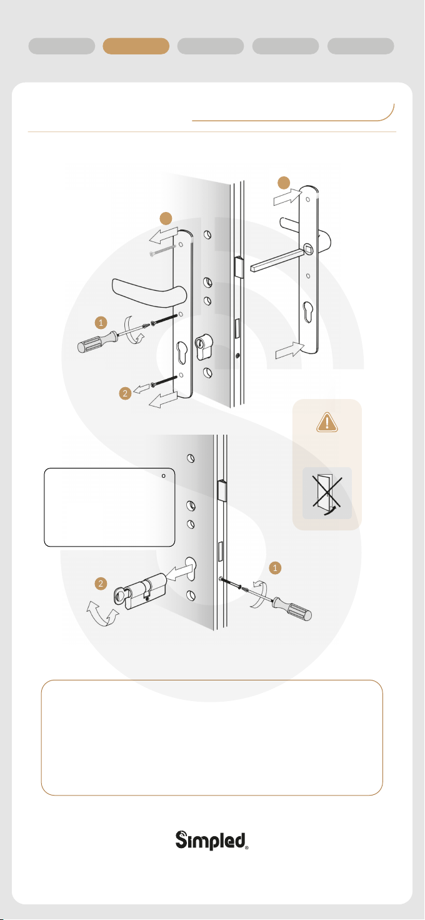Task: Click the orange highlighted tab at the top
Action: coord(136,46)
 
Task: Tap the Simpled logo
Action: coord(212,840)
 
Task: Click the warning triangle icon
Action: coord(327,422)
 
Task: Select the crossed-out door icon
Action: coord(327,493)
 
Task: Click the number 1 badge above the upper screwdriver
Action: coord(101,323)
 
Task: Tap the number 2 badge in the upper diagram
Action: coord(125,393)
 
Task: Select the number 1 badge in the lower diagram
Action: coord(275,568)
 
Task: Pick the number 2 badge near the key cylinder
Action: coord(101,584)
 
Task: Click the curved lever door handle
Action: coord(149,292)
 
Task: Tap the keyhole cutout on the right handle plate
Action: coord(308,312)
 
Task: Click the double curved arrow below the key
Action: coord(102,613)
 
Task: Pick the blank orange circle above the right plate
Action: coord(284,183)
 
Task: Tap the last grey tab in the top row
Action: coord(361,46)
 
